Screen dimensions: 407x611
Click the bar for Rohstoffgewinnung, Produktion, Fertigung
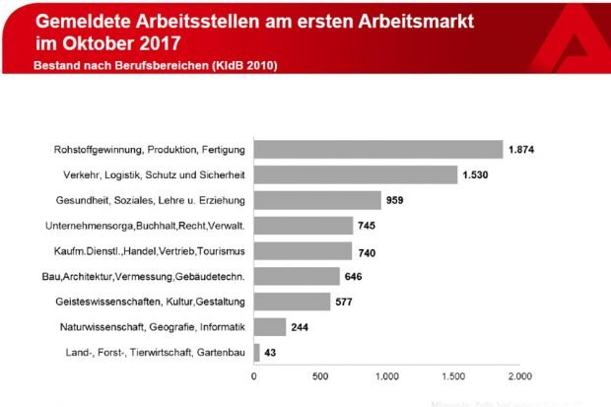click(378, 150)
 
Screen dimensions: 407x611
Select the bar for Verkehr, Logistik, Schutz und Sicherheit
click(356, 175)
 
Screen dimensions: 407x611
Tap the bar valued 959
click(317, 200)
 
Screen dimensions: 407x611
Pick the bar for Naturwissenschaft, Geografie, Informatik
click(270, 326)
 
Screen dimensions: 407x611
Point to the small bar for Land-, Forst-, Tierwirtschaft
click(257, 352)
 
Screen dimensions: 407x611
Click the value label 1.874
click(522, 150)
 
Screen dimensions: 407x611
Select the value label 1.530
click(477, 175)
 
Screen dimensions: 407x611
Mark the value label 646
click(354, 276)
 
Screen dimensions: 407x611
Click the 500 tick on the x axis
click(320, 375)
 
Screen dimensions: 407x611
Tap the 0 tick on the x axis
click(254, 375)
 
